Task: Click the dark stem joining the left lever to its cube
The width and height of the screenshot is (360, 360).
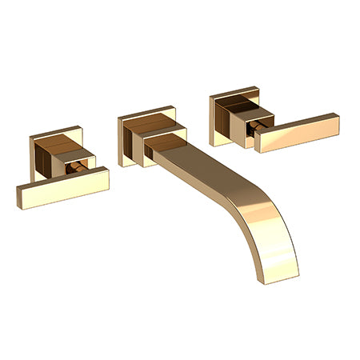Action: point(78,167)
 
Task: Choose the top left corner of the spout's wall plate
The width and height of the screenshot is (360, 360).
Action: point(119,118)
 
